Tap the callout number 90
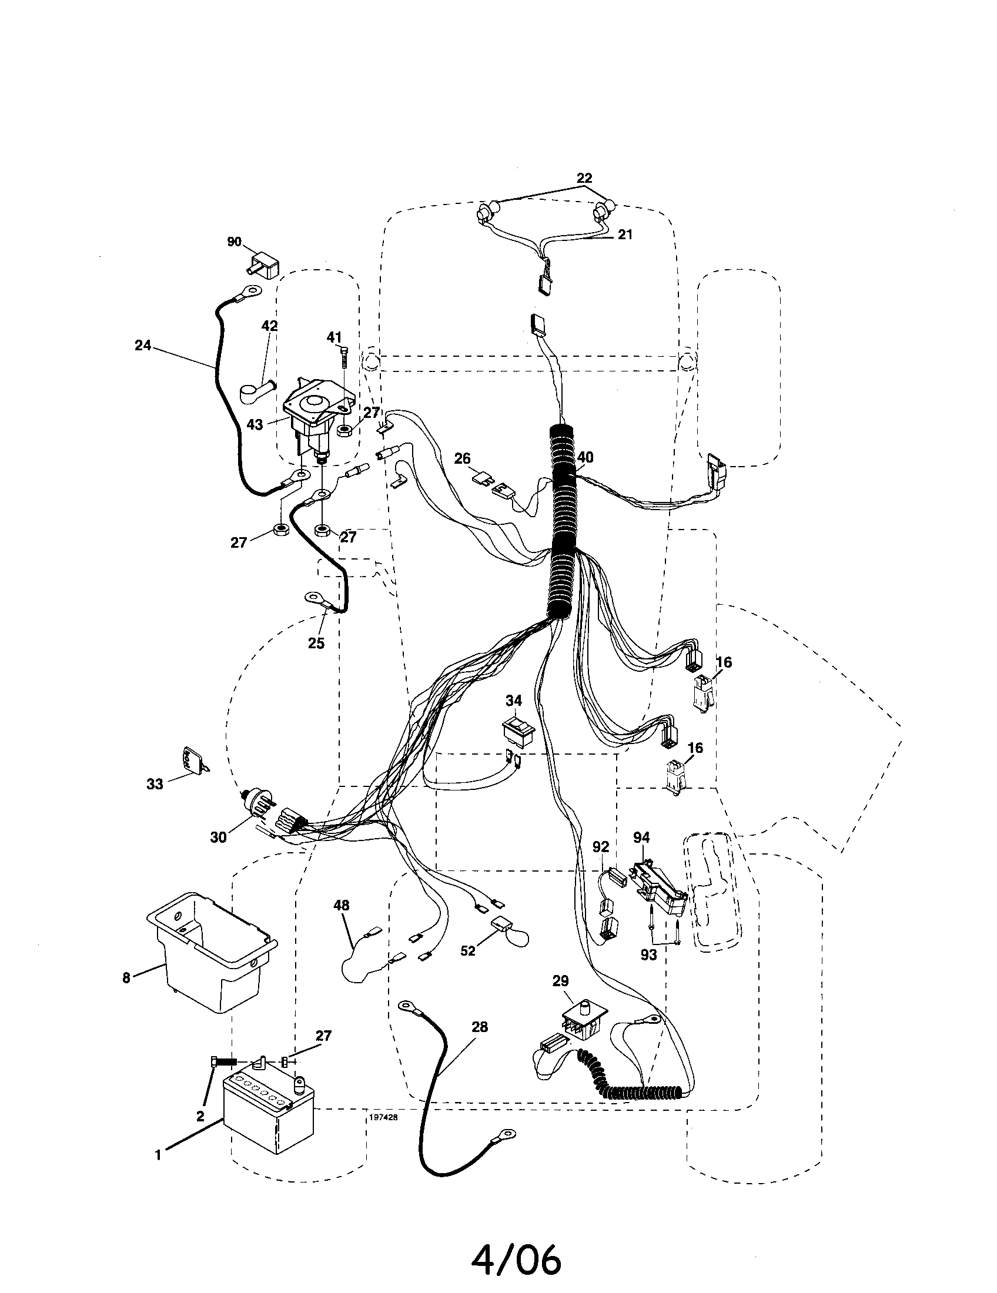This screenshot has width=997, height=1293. point(234,242)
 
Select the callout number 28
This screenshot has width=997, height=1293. point(480,1027)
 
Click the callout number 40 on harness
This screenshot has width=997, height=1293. point(585,457)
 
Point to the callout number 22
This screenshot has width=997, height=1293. point(584,177)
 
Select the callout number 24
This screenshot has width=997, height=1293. point(143,345)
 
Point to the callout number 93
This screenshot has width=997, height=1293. point(649,954)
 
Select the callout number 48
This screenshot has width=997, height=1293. point(342,905)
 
